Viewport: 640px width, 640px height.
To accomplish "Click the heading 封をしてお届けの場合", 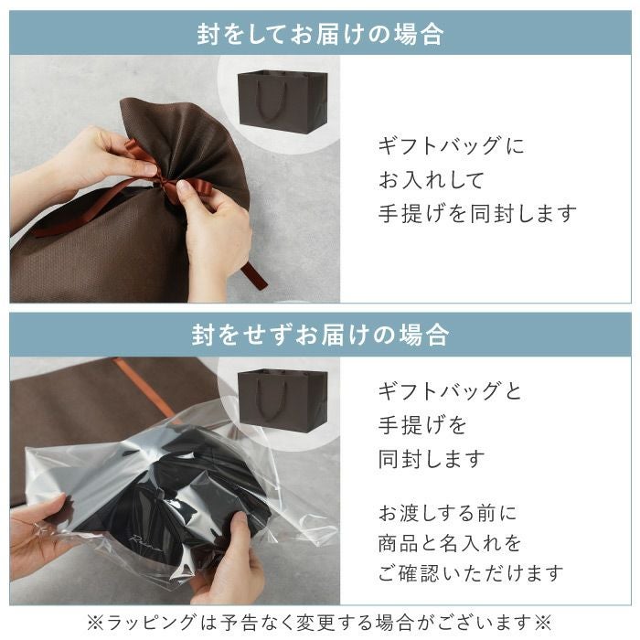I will (320, 35).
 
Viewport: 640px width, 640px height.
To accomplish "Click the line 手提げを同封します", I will (477, 214).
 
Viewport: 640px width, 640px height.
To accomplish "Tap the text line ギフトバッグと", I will (450, 391).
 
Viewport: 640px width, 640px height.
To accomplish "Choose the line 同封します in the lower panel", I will (432, 459).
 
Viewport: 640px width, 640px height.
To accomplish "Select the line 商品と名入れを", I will (450, 543).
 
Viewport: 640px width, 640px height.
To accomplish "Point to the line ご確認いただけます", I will (471, 574).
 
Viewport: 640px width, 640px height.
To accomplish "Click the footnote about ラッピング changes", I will (320, 622).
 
